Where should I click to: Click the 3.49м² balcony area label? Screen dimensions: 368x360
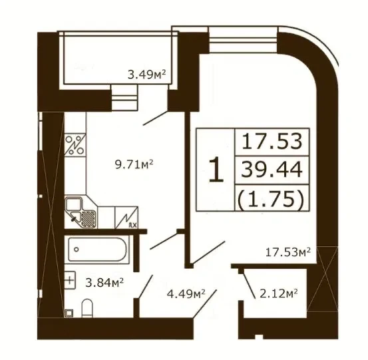click(x=146, y=75)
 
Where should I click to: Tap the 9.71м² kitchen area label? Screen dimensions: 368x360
click(x=134, y=164)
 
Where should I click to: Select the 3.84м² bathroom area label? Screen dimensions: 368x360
click(x=104, y=283)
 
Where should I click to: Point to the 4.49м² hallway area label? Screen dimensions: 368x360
click(x=186, y=293)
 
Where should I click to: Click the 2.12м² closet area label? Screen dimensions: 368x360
click(x=279, y=293)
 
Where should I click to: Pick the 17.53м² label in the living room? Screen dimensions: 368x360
click(x=288, y=252)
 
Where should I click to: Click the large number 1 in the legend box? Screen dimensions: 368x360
click(x=216, y=170)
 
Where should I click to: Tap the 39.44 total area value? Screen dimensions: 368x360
click(x=272, y=170)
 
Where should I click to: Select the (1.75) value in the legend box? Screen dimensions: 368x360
click(x=271, y=199)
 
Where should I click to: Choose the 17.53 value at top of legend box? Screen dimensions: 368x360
click(x=272, y=141)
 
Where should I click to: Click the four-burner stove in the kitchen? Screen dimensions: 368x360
click(x=75, y=145)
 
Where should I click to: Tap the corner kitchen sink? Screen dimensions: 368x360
click(x=81, y=213)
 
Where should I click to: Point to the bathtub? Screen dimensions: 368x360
click(x=97, y=250)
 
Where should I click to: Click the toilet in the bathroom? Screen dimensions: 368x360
click(x=87, y=308)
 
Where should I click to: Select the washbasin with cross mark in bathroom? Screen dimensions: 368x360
click(x=70, y=280)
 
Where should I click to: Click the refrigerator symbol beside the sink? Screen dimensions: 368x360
click(x=126, y=218)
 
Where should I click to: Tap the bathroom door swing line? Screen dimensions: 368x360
click(x=146, y=287)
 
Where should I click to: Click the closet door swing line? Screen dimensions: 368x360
click(x=249, y=283)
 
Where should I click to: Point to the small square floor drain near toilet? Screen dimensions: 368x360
click(x=69, y=313)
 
